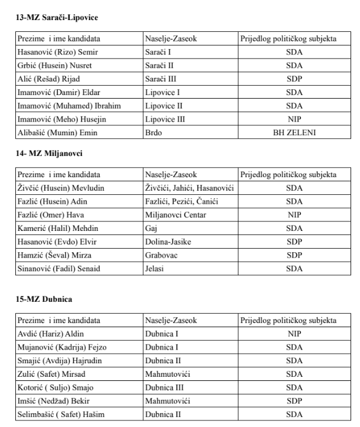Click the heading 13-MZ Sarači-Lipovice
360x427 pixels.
pos(57,18)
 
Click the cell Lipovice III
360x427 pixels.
pos(165,120)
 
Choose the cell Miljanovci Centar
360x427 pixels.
pos(175,216)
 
